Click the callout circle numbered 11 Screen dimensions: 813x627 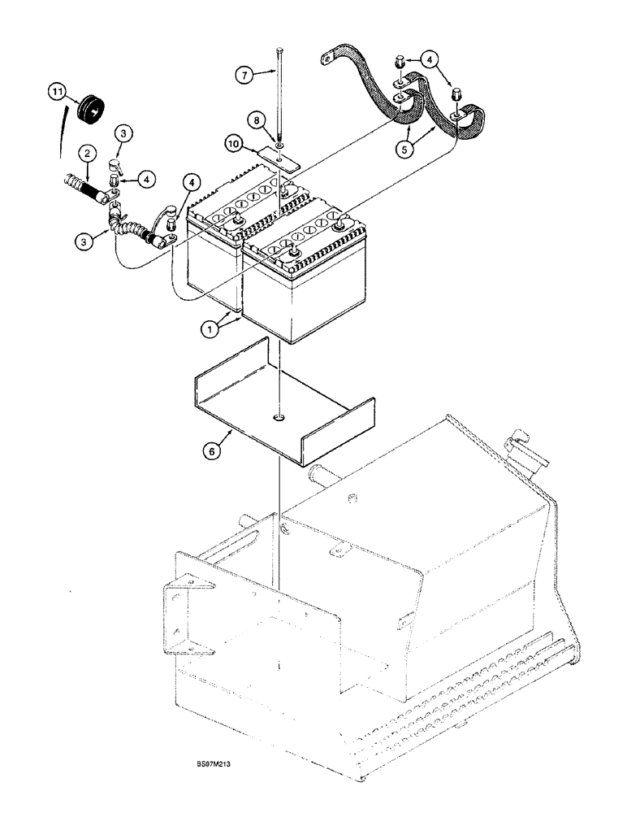(56, 94)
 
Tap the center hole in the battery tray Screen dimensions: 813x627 (279, 418)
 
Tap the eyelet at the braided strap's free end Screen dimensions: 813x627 (326, 59)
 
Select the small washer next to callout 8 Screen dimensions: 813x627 (279, 146)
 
